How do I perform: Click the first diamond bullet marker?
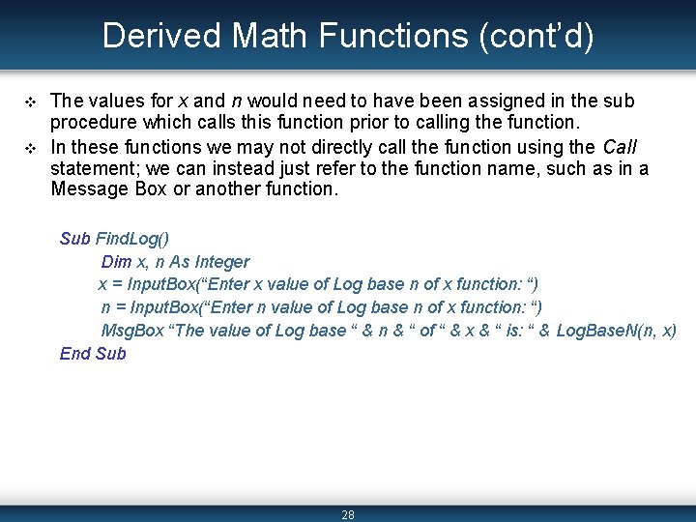pyautogui.click(x=28, y=101)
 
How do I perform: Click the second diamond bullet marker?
pyautogui.click(x=28, y=147)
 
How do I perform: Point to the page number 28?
pyautogui.click(x=348, y=514)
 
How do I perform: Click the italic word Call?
pyautogui.click(x=619, y=147)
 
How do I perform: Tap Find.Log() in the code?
pyautogui.click(x=132, y=239)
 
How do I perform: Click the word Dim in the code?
pyautogui.click(x=116, y=262)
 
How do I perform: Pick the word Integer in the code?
pyautogui.click(x=221, y=262)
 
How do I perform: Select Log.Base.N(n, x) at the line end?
pyautogui.click(x=616, y=331)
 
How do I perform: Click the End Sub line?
pyautogui.click(x=93, y=353)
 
